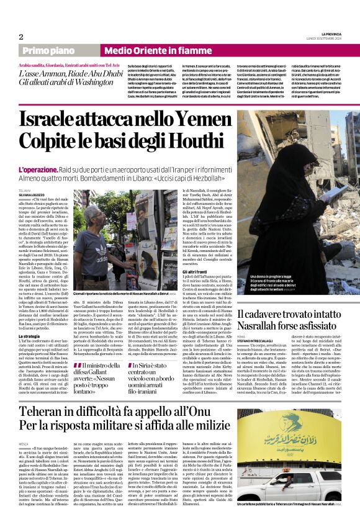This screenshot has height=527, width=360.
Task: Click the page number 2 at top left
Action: [x=20, y=37]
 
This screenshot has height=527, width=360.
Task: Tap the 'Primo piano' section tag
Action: [x=57, y=50]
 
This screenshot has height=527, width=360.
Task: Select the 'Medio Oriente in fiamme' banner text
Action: [x=150, y=50]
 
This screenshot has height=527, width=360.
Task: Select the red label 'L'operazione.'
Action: [x=37, y=169]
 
